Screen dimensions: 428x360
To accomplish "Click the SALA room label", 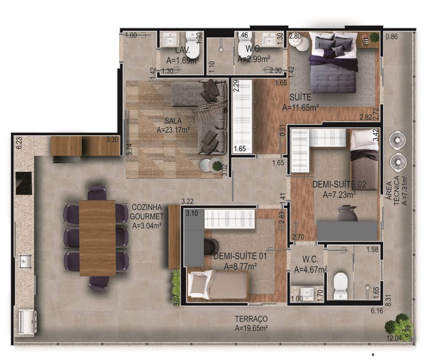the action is pos(173,120).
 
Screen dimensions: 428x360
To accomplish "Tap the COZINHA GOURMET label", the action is pos(147,212).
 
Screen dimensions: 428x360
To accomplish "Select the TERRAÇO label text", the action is pos(251,319).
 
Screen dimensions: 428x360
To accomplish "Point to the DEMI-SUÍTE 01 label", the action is pos(240,256).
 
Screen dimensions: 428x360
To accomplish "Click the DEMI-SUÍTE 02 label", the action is pos(339,184).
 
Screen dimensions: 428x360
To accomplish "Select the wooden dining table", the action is pos(97,238).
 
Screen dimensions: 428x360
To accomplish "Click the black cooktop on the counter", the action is pos(24,183).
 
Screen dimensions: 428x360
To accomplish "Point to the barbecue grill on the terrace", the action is pos(27,322).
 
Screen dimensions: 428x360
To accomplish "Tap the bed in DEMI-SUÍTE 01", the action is pos(218,284).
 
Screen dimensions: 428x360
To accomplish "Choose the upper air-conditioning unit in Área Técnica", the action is pos(397,141).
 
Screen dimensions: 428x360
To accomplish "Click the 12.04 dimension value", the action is pos(394,338).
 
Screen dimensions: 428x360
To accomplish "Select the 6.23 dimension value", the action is pos(19,143).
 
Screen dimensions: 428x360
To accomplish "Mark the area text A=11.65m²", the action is pos(300,107).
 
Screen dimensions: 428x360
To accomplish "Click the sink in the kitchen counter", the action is pos(24,262).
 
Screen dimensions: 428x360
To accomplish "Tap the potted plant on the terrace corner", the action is pos(397,324).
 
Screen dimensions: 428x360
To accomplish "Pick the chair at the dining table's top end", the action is pos(97,193).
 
